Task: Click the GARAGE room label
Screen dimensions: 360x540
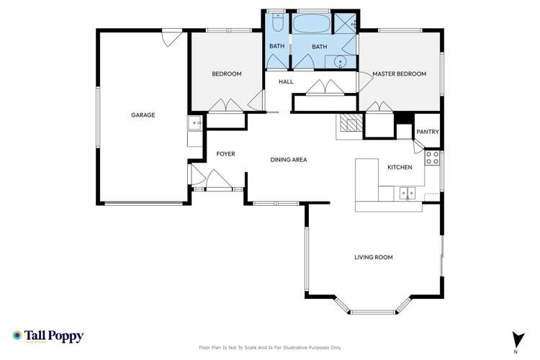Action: click(x=143, y=114)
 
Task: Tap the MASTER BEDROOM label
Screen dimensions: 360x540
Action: click(x=399, y=74)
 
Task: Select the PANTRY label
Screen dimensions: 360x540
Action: click(x=428, y=132)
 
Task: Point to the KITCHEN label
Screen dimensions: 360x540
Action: click(x=400, y=167)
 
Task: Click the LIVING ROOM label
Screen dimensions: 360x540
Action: click(x=373, y=257)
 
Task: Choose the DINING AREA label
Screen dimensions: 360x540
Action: click(x=289, y=160)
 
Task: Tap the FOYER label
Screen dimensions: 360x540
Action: click(x=226, y=154)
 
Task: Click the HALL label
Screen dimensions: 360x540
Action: click(x=286, y=82)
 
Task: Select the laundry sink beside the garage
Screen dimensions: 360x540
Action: click(x=195, y=125)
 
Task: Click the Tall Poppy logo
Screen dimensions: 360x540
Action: click(x=48, y=336)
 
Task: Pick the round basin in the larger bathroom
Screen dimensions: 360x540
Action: click(x=341, y=62)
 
